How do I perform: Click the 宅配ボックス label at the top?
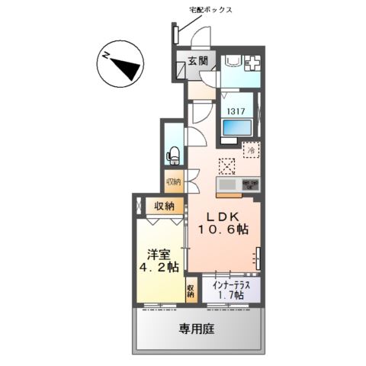[x=211, y=10]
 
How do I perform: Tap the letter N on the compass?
[x=106, y=56]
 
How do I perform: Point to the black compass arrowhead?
[x=127, y=68]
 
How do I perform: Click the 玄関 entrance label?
[x=198, y=61]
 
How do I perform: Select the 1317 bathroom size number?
[x=236, y=111]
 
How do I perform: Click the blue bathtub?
[x=237, y=128]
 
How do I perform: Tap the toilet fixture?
[x=173, y=156]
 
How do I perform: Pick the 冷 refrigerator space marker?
[x=252, y=150]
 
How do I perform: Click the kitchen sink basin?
[x=227, y=185]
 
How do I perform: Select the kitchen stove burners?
[x=250, y=185]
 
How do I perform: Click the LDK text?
[x=223, y=217]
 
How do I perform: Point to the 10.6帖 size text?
[x=223, y=230]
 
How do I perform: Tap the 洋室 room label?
[x=159, y=255]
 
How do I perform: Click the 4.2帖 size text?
[x=159, y=267]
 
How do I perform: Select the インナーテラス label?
[x=231, y=285]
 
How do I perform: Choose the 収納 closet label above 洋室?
[x=165, y=206]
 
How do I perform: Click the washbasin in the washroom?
[x=232, y=62]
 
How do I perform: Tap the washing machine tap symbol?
[x=252, y=63]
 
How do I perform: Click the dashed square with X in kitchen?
[x=226, y=166]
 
